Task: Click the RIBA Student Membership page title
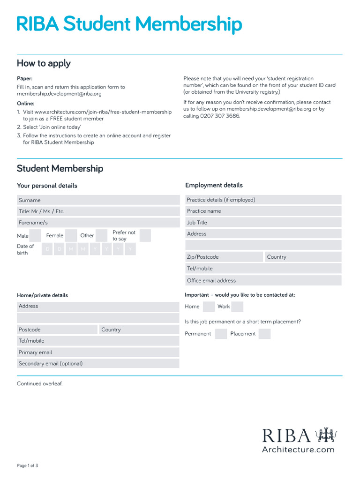pos(129,24)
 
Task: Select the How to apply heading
pos(44,63)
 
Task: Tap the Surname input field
pos(98,200)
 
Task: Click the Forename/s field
pos(98,223)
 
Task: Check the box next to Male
pos(36,236)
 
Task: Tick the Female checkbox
pos(71,236)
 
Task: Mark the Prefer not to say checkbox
pos(145,236)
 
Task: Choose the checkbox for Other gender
pos(102,236)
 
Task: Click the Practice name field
pos(263,211)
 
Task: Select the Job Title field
pos(263,223)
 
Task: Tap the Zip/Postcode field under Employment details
pos(224,257)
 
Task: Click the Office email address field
pos(263,280)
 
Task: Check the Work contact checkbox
pos(238,307)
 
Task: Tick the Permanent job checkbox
pos(221,334)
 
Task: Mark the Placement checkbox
pos(265,334)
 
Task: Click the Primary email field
pos(98,352)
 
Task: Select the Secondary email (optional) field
pos(98,363)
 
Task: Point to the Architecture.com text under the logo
pos(298,450)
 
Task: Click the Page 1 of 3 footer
pos(28,465)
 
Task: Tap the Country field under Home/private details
pos(139,330)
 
